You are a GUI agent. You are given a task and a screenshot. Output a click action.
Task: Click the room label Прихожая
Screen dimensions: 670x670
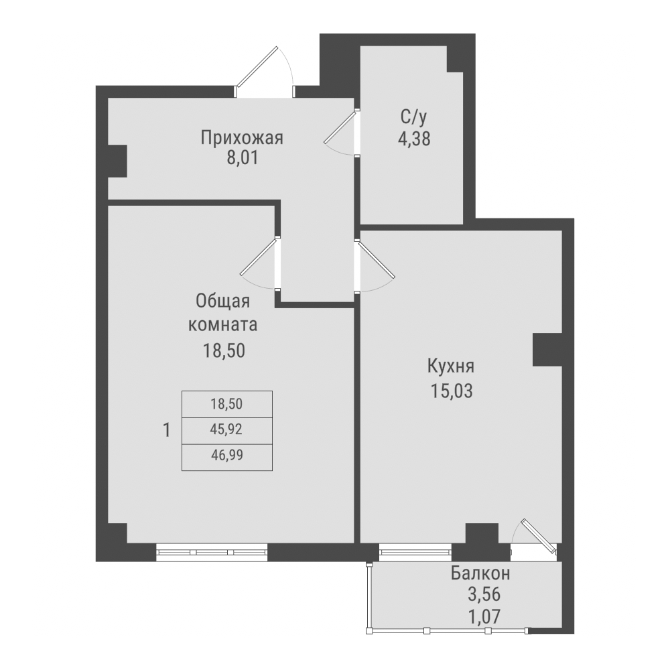coord(242,138)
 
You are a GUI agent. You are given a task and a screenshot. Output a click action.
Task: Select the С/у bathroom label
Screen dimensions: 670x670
coord(413,118)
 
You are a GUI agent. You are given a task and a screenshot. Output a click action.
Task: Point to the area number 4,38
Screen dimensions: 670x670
coord(413,139)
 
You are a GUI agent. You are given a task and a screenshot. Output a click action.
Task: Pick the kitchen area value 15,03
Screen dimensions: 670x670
coord(452,390)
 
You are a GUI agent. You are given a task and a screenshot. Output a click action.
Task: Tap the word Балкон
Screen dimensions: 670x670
coord(480,574)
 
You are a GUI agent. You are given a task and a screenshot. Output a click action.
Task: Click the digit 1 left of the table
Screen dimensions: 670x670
coord(166,429)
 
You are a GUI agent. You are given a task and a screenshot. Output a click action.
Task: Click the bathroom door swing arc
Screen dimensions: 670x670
coord(340,135)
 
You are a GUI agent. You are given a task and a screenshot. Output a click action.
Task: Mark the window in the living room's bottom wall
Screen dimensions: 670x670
coord(212,551)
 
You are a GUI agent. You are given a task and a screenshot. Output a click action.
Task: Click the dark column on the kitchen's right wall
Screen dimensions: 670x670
coord(547,349)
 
